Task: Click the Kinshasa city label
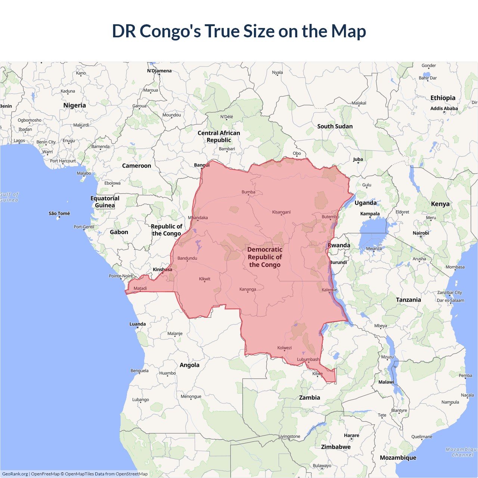click(x=162, y=270)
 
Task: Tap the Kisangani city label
click(x=281, y=212)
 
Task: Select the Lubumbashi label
click(x=308, y=360)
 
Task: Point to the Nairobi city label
click(x=421, y=233)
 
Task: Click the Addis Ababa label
click(x=444, y=109)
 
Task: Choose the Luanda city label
click(x=137, y=324)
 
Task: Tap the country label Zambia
click(x=310, y=398)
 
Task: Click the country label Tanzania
click(x=408, y=300)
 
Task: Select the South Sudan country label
click(x=335, y=127)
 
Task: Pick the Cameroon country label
click(x=137, y=166)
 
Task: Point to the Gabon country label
click(x=119, y=232)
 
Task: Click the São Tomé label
click(x=59, y=214)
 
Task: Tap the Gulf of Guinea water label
click(x=9, y=197)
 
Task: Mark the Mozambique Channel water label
click(x=462, y=452)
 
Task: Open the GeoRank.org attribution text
click(x=15, y=474)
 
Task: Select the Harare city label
click(x=351, y=435)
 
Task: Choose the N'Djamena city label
click(x=159, y=71)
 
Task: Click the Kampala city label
click(x=370, y=214)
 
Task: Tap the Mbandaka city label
click(x=198, y=218)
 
